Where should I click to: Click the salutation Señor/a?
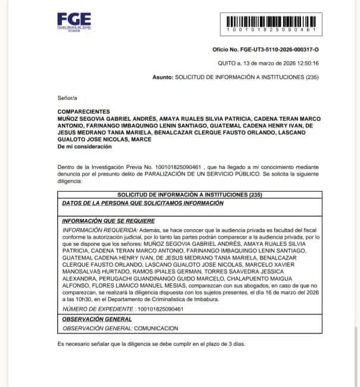click(x=67, y=97)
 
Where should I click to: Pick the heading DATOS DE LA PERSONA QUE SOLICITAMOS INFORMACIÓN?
click(x=143, y=203)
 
